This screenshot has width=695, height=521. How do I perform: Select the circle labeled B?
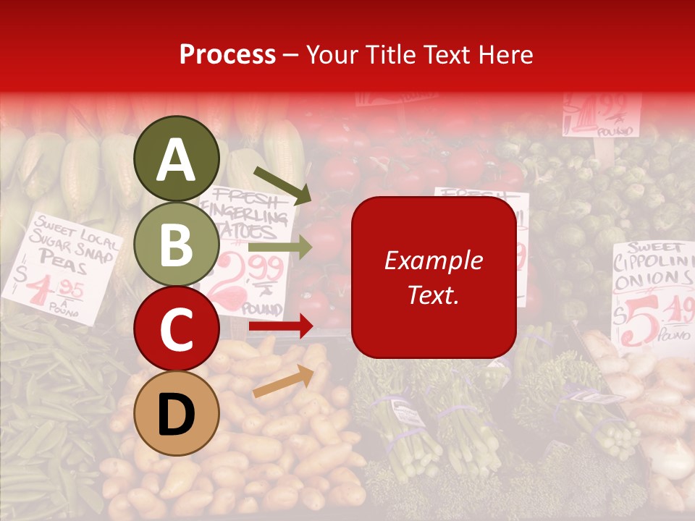click(177, 244)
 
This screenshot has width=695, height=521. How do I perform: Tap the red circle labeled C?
click(177, 329)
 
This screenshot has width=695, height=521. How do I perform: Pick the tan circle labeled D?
click(177, 413)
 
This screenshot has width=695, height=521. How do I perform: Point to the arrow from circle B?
click(280, 247)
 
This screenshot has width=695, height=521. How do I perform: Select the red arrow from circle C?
click(280, 327)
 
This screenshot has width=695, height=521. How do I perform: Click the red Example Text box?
click(434, 277)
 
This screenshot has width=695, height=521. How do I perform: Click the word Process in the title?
click(227, 54)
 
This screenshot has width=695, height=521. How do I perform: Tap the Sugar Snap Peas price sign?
click(62, 268)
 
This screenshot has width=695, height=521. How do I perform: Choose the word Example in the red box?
click(433, 260)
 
